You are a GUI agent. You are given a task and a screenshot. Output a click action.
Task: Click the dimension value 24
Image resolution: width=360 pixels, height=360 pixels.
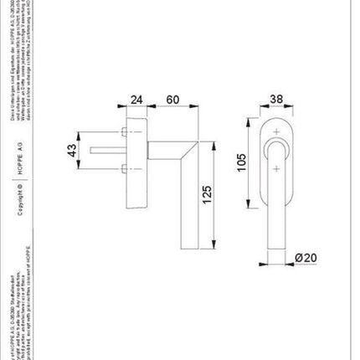click(x=137, y=98)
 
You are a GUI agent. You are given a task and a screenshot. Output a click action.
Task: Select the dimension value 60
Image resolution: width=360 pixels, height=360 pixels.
click(x=173, y=98)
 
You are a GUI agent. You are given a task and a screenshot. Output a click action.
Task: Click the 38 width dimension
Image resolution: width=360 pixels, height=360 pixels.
click(x=275, y=98)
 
